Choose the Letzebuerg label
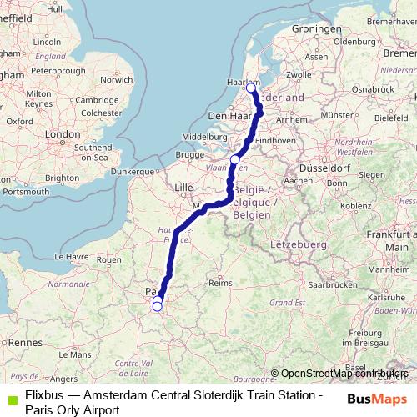(297, 244)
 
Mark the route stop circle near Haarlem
(251, 87)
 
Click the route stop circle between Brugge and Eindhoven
(235, 159)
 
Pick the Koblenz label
(355, 205)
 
